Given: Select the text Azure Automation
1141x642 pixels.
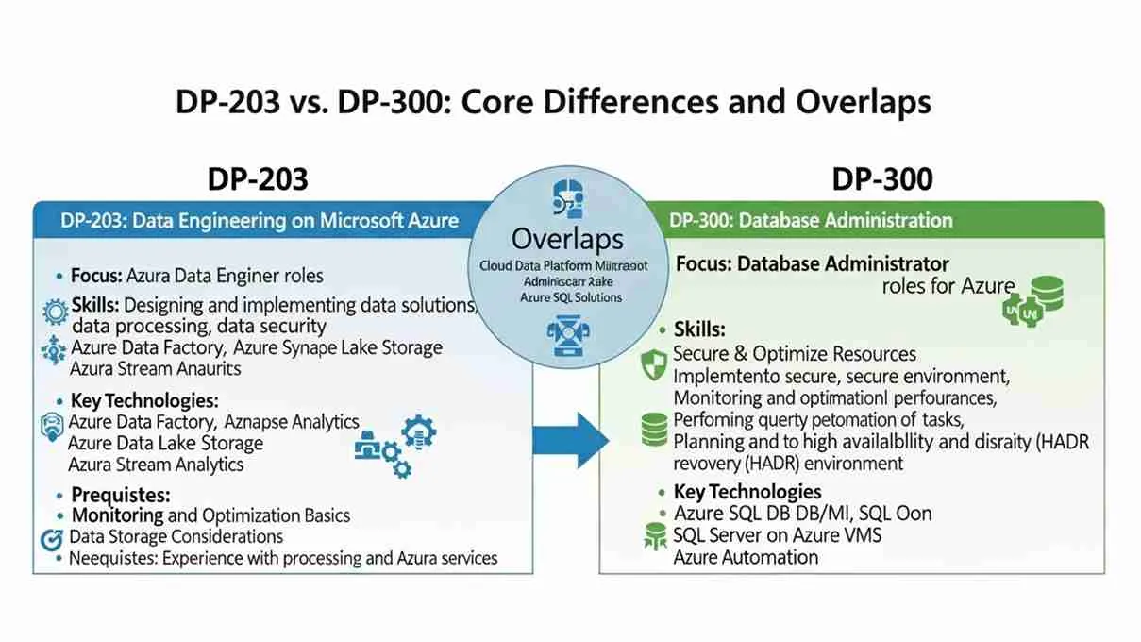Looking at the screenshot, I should [x=746, y=557].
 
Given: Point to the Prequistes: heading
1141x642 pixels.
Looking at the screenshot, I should [x=121, y=495].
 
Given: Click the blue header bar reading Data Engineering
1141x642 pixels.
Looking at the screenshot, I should [x=260, y=221].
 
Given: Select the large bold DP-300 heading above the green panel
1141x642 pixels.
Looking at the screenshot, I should [x=881, y=179].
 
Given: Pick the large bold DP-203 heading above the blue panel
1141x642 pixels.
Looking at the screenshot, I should [x=257, y=179].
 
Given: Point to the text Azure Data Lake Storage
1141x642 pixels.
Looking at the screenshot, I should [x=166, y=443].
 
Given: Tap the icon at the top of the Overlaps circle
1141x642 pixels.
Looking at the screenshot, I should [x=565, y=199].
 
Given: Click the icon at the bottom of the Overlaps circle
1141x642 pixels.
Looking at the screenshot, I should [x=565, y=337].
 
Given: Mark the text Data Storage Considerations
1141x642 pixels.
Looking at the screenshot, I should [x=176, y=536].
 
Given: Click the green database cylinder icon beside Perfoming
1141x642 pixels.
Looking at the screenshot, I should [x=653, y=429].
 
